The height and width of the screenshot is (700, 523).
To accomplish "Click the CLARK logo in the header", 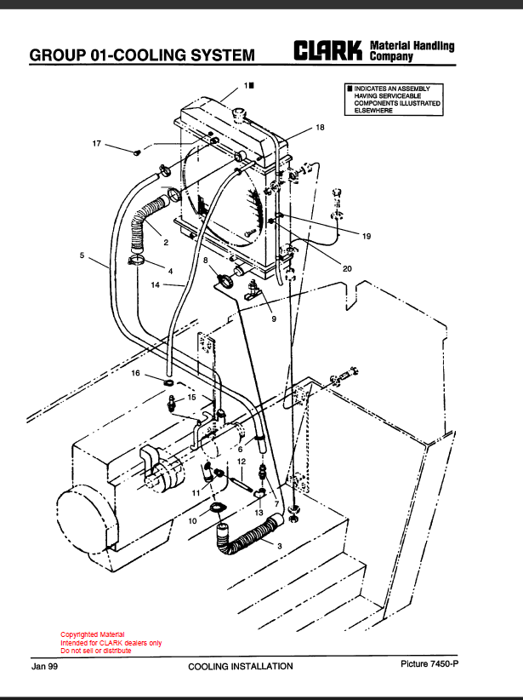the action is pos(327,50).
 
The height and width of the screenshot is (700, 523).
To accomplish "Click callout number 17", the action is pos(97,144).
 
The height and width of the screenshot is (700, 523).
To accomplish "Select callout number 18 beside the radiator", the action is pos(320,128).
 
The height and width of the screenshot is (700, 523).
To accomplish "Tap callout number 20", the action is pos(347,268).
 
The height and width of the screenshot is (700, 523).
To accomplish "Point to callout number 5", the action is pos(82,255).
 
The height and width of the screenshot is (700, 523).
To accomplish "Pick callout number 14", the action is pos(155,284).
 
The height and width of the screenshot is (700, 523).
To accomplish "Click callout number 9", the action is pos(274,318).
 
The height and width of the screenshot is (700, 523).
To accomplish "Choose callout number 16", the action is pos(135,373).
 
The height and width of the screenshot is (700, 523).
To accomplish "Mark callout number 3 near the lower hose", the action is pos(280,546).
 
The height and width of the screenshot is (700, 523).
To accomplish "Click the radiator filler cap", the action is pos(240,113).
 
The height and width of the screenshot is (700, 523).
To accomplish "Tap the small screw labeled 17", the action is pos(137,152).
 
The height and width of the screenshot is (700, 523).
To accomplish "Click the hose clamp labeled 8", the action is pos(225,281).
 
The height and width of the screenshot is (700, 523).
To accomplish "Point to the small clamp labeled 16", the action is pos(169,382).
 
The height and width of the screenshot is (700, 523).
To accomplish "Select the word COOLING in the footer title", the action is pos(207,667).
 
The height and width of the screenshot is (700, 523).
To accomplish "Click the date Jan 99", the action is pos(44,667).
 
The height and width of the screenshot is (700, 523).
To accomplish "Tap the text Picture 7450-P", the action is pos(429,664).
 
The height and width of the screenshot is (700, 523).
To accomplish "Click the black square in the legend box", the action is pos(350,89).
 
